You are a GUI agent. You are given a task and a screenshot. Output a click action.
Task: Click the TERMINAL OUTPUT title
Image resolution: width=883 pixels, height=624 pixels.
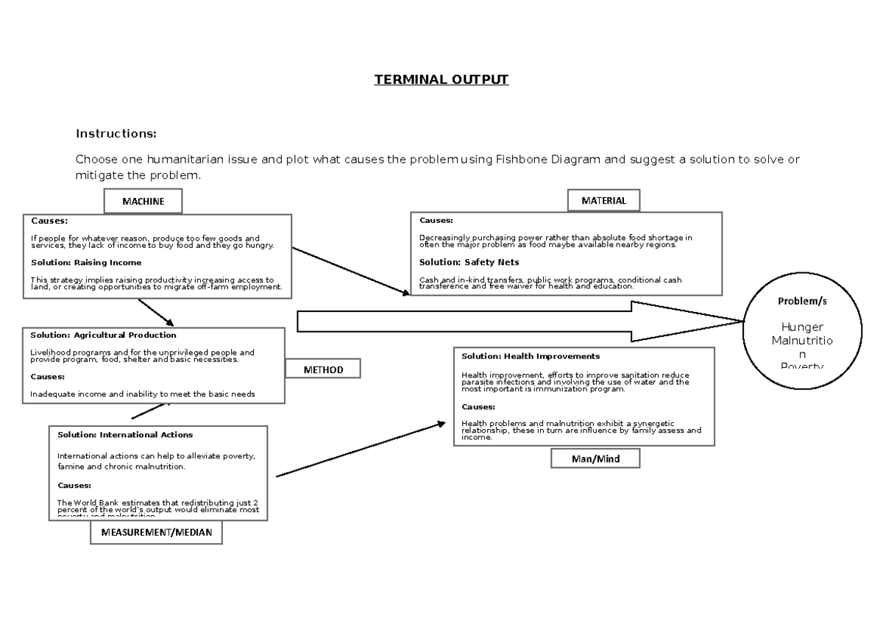[441, 79]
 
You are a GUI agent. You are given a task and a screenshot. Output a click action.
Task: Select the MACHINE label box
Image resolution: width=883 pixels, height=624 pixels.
[143, 201]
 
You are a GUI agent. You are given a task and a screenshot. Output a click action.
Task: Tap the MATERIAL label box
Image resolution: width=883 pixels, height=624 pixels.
[603, 200]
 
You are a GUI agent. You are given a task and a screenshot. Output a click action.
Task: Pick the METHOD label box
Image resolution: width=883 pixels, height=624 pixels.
[323, 369]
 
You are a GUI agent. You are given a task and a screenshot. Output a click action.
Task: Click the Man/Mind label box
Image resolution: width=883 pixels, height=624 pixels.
[595, 459]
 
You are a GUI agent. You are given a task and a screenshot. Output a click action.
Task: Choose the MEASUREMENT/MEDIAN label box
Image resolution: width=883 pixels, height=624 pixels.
[156, 533]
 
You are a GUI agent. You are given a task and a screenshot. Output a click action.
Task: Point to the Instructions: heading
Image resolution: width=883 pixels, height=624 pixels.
[116, 134]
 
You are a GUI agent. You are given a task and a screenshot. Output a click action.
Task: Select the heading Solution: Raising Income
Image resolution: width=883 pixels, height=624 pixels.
[86, 263]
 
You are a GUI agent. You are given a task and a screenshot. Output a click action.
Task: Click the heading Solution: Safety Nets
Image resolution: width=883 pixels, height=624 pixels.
[469, 262]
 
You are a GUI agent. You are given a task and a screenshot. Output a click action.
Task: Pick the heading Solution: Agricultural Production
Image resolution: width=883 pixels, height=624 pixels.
[103, 335]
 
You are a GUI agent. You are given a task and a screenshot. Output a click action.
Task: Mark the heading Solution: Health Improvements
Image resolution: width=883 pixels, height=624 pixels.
[530, 356]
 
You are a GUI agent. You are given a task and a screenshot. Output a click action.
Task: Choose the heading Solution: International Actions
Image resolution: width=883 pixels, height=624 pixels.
[125, 435]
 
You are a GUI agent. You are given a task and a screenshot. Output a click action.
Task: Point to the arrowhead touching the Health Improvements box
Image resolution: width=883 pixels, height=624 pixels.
[441, 424]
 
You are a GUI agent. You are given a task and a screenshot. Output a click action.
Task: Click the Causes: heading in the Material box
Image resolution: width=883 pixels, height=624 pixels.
[436, 220]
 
